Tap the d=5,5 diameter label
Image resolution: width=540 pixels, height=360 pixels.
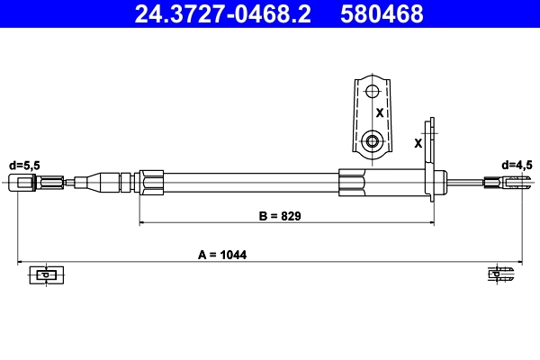(24, 165)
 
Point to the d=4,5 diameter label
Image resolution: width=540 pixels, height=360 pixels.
(517, 165)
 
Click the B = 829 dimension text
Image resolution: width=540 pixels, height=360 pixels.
(278, 216)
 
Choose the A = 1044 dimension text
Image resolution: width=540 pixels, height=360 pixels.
(222, 255)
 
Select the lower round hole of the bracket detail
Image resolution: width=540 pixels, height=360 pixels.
(373, 141)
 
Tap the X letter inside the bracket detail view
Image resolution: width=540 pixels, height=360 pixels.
(380, 114)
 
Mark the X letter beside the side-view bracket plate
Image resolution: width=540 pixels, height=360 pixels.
(418, 142)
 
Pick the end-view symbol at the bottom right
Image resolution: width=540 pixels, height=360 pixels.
(499, 274)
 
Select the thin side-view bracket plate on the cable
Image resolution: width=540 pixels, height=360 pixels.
(432, 157)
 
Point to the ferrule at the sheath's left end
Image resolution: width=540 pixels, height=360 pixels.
(151, 184)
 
